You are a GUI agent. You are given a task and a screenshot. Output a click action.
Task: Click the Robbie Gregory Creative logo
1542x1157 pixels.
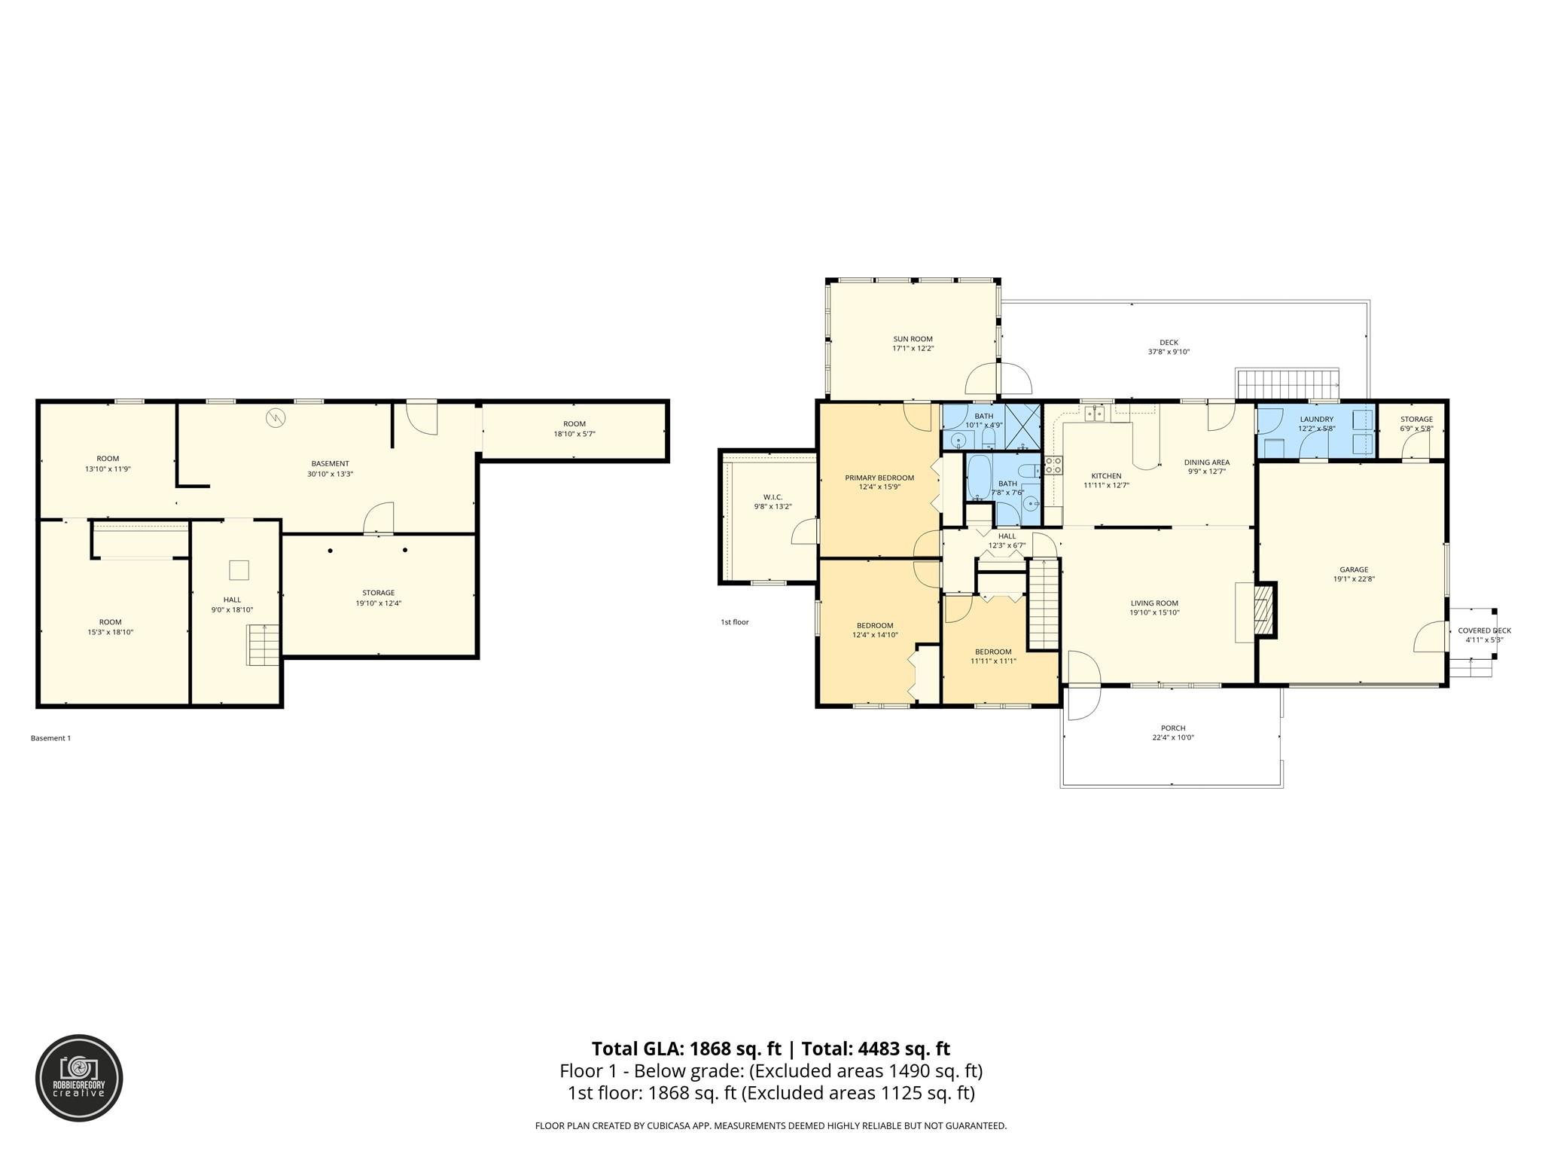coord(79,1077)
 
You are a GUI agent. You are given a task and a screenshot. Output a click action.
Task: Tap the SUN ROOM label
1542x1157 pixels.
coord(913,339)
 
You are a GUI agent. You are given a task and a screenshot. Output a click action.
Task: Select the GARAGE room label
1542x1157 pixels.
coord(1353,569)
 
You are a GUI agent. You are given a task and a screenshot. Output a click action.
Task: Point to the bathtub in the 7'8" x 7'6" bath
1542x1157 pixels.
coord(980,477)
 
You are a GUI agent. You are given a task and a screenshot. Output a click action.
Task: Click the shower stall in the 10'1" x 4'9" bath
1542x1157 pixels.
coord(1023,426)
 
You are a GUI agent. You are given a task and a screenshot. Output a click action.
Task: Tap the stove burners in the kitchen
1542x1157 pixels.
coord(1053,465)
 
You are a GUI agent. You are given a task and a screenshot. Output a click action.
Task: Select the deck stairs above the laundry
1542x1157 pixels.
coord(1287,383)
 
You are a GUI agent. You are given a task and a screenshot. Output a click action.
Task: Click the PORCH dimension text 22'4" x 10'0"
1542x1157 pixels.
coord(1172,737)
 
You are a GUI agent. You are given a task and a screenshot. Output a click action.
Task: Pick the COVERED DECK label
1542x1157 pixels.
coord(1484,630)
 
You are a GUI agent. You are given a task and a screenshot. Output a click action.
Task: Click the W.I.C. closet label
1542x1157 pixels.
coord(773,497)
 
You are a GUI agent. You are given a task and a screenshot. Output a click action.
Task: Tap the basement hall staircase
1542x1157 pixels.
coord(264,645)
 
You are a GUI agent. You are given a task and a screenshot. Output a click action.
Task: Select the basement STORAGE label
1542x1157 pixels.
coord(378,593)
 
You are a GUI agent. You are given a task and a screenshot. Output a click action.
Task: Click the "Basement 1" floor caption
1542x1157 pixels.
coord(50,738)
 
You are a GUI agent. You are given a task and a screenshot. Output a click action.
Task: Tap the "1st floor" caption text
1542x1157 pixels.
coord(734,622)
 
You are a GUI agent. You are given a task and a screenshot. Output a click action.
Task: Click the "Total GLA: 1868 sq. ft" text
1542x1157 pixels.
coord(687,1049)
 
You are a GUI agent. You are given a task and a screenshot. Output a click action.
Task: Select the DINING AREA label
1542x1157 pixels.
coord(1206,462)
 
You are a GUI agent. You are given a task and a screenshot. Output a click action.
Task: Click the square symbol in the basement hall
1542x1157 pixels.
coord(239,570)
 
